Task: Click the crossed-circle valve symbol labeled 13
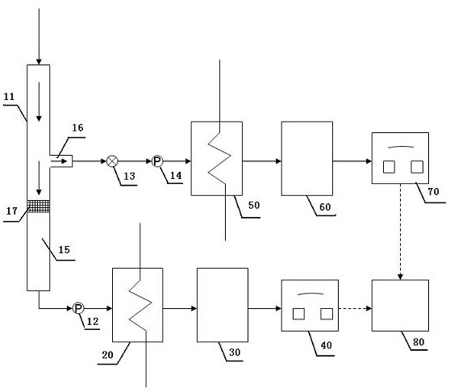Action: tap(112, 161)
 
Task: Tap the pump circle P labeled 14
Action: tap(157, 161)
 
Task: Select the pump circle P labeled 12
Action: tap(77, 308)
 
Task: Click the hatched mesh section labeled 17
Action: tap(38, 206)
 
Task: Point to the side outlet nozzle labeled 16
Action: tap(60, 161)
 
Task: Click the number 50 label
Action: tap(254, 205)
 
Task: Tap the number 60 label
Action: tap(325, 207)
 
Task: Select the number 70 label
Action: tap(433, 191)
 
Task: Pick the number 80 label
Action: tap(419, 342)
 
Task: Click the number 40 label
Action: tap(326, 345)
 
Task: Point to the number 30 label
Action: tap(235, 352)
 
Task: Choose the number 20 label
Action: tap(107, 355)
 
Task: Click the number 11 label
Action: tap(9, 97)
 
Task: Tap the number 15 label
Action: tap(64, 250)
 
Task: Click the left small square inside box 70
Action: tap(389, 167)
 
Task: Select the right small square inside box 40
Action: tap(327, 314)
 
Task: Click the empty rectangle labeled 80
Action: tap(400, 306)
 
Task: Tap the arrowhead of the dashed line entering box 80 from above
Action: tap(400, 277)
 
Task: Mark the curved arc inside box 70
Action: tap(401, 147)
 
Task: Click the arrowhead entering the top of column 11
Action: tap(39, 62)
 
